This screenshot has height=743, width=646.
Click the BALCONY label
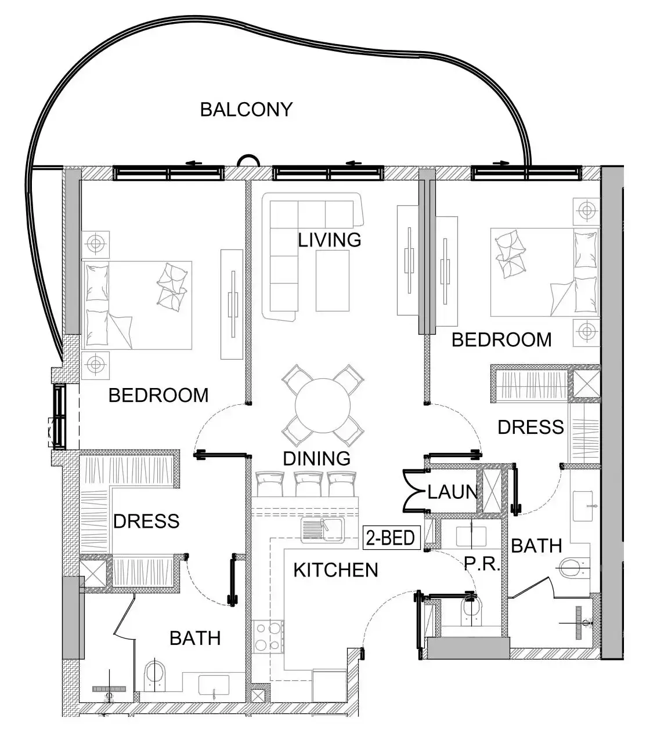(x=246, y=109)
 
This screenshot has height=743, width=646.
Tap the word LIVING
(x=330, y=240)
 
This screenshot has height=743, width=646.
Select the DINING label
(x=316, y=459)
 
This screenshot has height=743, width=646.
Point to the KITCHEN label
(x=335, y=570)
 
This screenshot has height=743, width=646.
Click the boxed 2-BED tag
(x=392, y=538)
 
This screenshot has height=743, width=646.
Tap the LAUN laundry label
(x=452, y=492)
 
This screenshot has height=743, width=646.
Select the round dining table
(x=322, y=405)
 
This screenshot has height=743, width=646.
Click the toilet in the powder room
(x=471, y=612)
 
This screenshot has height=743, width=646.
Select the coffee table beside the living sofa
(x=333, y=281)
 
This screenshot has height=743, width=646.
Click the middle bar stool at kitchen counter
(x=308, y=484)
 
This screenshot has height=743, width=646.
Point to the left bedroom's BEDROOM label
(x=158, y=395)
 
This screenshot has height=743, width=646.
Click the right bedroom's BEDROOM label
(x=501, y=340)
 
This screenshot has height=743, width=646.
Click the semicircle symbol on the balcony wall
(x=248, y=161)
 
